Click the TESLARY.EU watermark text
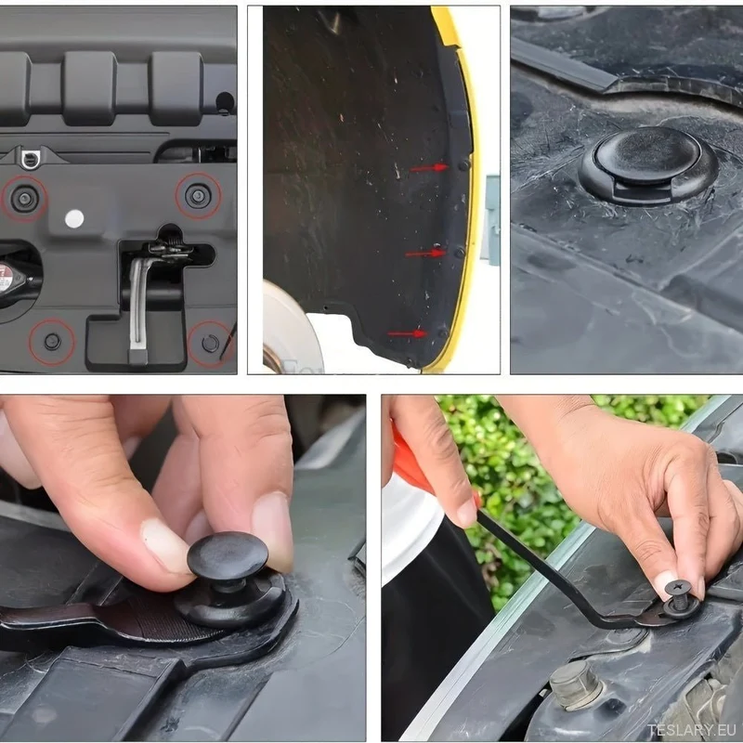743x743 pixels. click(x=692, y=730)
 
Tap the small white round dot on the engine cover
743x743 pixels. click(x=74, y=218)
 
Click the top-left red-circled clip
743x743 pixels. click(x=24, y=198)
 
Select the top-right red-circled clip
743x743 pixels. click(x=199, y=195)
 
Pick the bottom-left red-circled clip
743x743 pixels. click(x=52, y=341)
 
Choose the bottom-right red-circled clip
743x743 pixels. click(x=211, y=344)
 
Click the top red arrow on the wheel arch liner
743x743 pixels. click(x=429, y=168)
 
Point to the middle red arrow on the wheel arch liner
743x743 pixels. click(x=425, y=254)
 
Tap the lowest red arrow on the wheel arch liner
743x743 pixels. click(x=408, y=333)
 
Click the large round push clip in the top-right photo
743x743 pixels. click(x=647, y=165)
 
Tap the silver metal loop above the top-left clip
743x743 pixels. click(x=31, y=159)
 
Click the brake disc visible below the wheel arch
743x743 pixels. click(x=289, y=327)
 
